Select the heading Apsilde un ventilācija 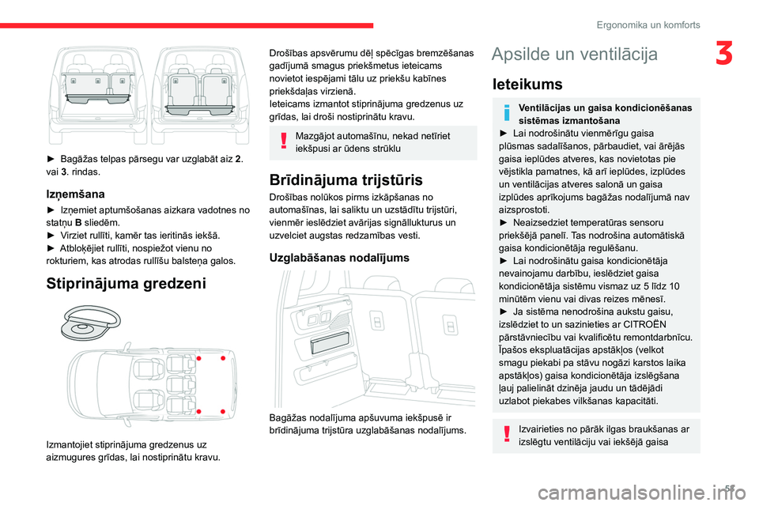coord(573,54)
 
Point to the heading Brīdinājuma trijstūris coord(346,179)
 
